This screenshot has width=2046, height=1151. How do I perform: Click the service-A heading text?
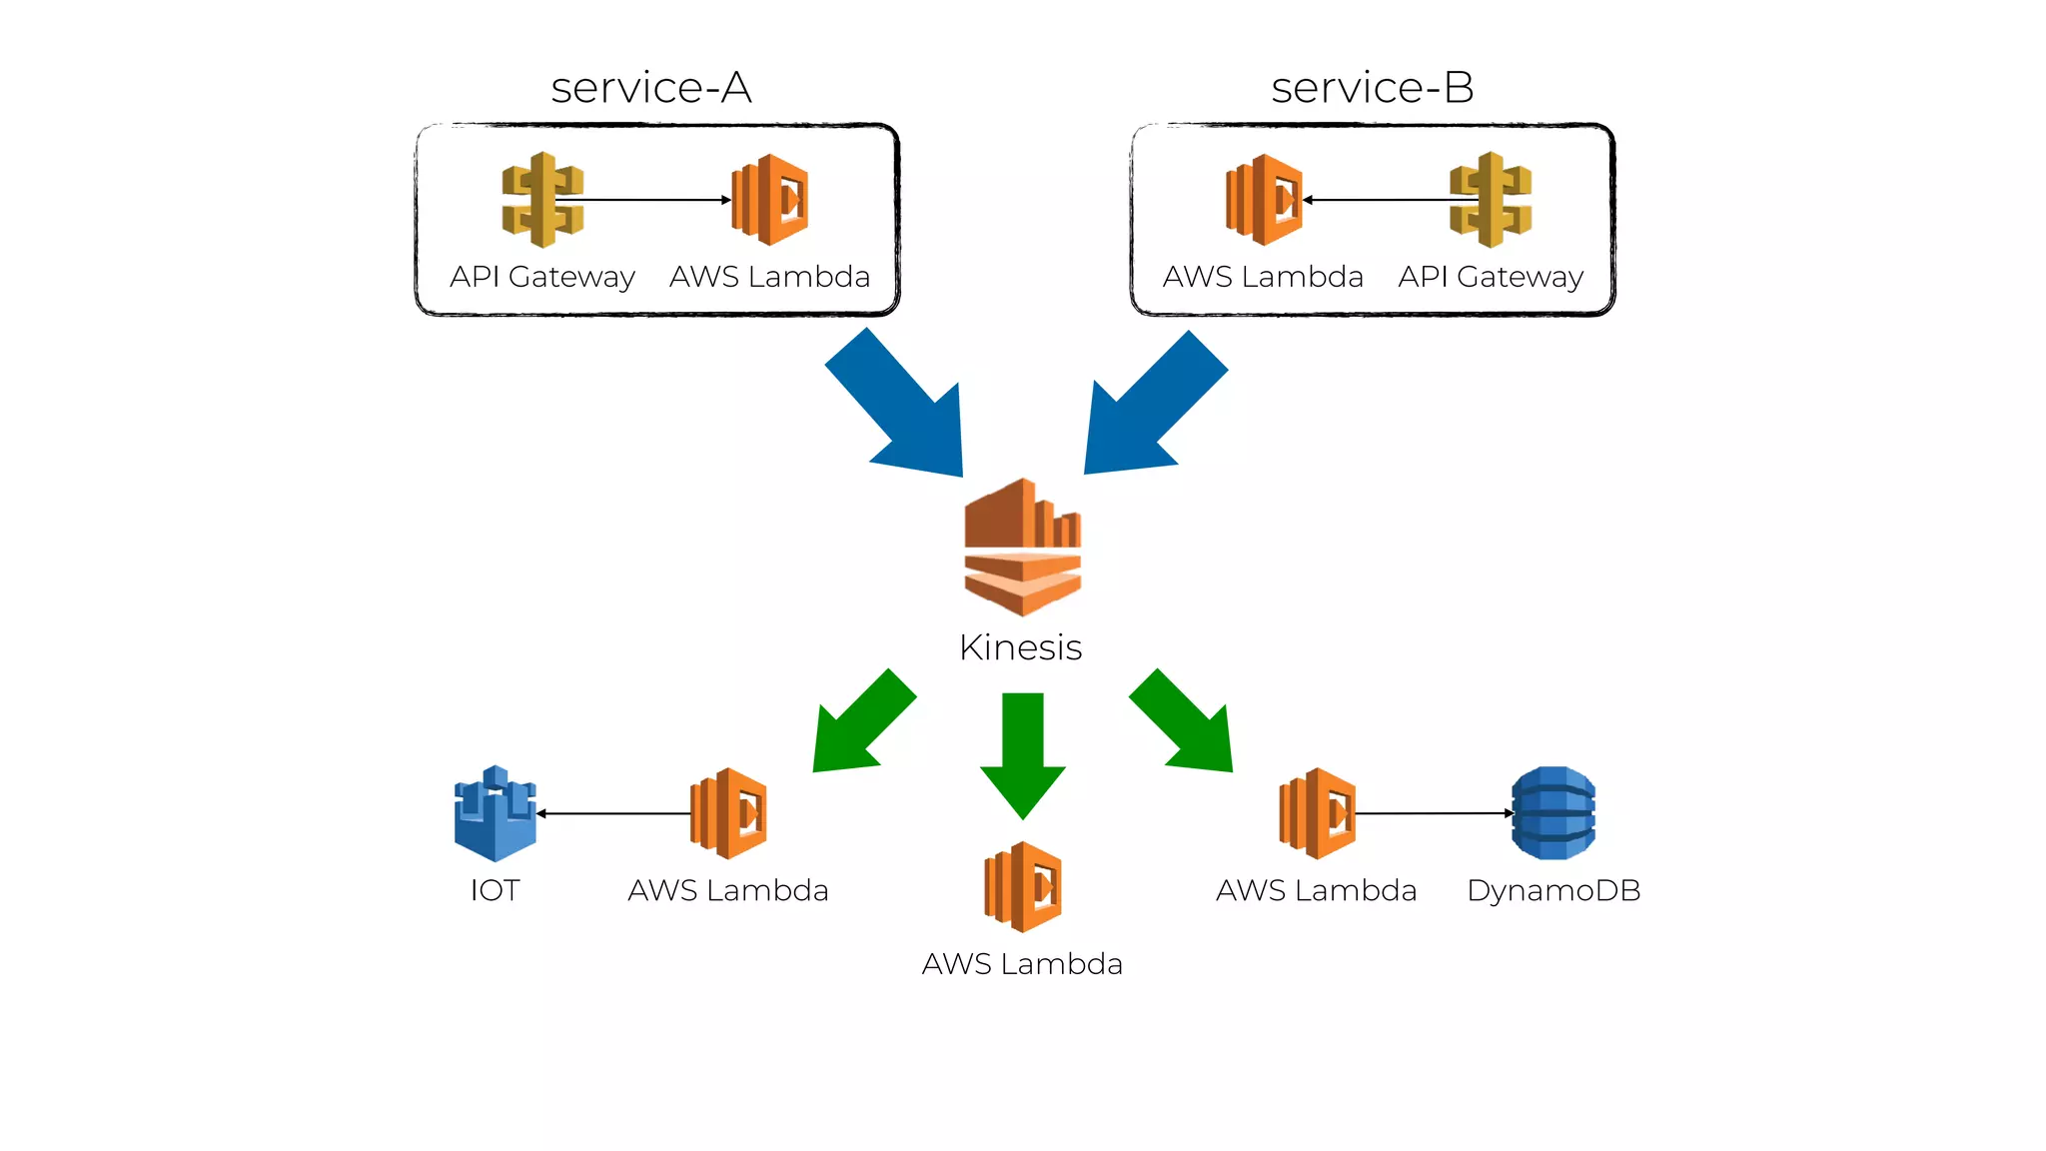tap(651, 88)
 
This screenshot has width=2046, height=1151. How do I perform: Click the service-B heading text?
tap(1372, 88)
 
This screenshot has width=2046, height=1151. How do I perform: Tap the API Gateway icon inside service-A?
tap(542, 200)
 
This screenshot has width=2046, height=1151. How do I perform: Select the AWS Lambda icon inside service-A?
tap(770, 200)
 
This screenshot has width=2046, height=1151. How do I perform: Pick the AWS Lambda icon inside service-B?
tap(1264, 200)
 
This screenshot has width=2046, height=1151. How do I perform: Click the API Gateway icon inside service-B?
tap(1491, 200)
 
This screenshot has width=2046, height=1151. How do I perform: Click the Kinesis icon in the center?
tap(1022, 547)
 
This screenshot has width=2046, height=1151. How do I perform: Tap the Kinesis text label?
tap(1020, 647)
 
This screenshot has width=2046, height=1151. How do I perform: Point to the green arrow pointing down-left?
tap(859, 725)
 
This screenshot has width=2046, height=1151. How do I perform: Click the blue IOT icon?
tap(496, 813)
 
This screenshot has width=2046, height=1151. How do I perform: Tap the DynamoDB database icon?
tap(1553, 813)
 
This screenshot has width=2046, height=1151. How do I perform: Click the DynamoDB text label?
tap(1553, 890)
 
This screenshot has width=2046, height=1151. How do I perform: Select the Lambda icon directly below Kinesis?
tap(1023, 887)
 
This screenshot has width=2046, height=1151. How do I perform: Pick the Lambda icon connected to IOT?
tap(728, 813)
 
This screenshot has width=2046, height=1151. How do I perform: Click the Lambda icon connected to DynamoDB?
tap(1317, 813)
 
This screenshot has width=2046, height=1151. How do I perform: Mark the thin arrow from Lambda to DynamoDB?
tap(1434, 813)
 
